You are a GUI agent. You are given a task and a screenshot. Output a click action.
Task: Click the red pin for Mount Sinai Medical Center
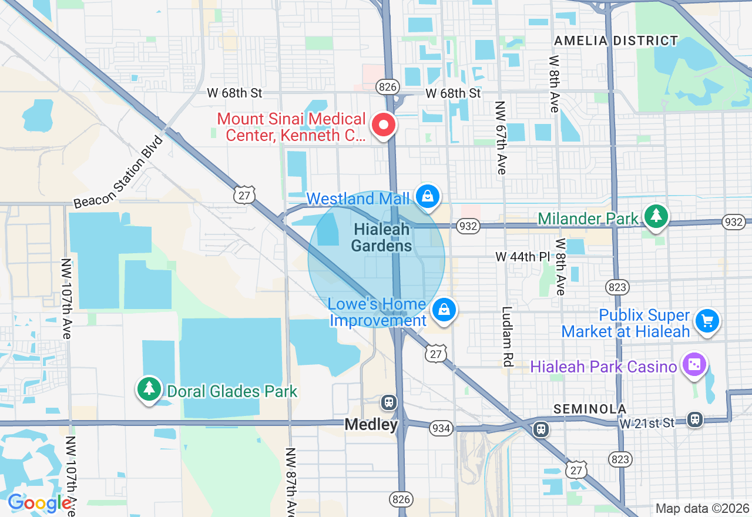(383, 125)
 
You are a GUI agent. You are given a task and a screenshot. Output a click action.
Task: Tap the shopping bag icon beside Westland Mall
(428, 197)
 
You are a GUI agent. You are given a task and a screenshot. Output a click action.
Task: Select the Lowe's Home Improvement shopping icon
(444, 310)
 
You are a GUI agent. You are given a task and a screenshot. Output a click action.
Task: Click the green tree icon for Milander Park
(656, 216)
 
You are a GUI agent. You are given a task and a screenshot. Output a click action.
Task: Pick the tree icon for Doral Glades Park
(149, 389)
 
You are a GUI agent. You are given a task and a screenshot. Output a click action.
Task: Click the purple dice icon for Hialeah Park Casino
(694, 365)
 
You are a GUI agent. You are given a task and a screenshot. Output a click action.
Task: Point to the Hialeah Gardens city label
(382, 238)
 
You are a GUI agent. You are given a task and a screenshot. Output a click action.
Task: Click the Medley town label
(371, 424)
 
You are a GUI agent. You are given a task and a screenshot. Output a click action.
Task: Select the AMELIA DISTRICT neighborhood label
(616, 41)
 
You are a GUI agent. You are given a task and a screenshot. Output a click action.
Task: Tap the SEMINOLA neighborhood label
(590, 409)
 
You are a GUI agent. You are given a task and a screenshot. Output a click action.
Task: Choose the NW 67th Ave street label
(501, 138)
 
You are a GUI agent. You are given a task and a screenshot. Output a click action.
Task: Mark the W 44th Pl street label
(522, 257)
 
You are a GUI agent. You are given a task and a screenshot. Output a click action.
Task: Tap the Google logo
(39, 503)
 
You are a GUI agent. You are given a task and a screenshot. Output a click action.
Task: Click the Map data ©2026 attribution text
(702, 508)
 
